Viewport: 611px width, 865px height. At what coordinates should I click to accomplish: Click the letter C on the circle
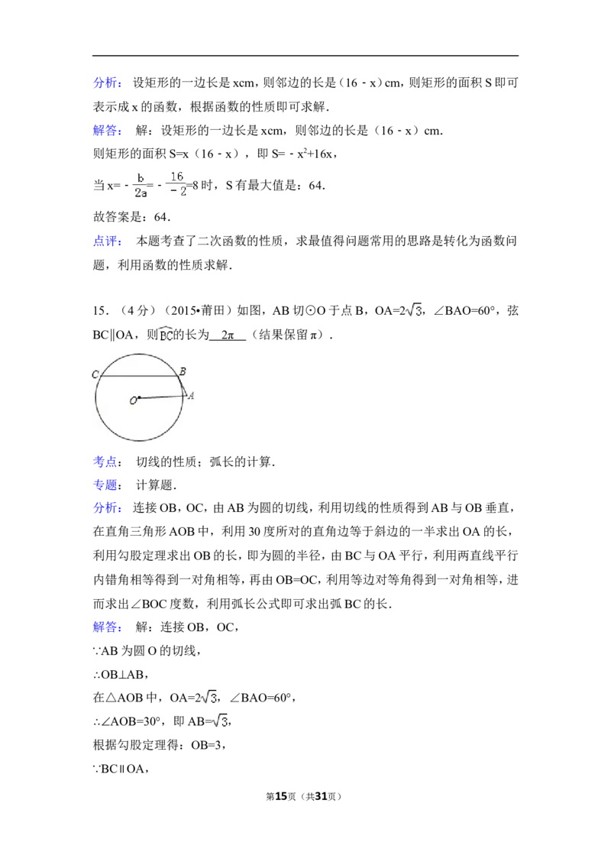(95, 374)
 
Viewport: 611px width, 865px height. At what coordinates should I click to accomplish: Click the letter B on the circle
(182, 371)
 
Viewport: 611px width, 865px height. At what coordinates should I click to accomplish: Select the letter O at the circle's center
(132, 400)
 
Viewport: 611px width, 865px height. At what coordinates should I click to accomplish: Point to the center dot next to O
(139, 397)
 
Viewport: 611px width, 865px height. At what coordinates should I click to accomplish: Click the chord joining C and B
(137, 376)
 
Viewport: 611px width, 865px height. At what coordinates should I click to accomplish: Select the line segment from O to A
(162, 397)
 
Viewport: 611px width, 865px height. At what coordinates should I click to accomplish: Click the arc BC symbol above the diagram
(166, 335)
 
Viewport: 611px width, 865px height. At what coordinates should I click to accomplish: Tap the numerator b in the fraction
(141, 178)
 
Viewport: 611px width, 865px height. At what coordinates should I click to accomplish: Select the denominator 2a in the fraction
(141, 193)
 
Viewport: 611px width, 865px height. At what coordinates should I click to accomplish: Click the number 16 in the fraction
(177, 177)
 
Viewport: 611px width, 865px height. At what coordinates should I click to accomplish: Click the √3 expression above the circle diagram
(412, 309)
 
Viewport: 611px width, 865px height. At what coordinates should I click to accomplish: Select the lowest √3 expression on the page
(220, 721)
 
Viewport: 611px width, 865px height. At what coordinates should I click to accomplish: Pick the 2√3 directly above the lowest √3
(207, 697)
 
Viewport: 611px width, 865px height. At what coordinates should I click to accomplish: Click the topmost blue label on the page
(106, 83)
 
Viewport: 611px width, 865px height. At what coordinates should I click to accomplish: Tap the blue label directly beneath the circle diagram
(105, 462)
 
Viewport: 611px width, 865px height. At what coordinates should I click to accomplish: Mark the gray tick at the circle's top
(140, 352)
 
